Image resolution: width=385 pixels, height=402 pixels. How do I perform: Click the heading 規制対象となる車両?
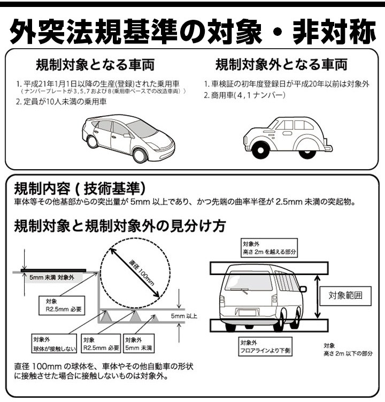point(95,65)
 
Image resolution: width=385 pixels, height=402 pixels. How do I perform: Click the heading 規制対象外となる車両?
point(281,64)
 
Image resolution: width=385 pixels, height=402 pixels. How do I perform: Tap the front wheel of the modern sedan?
point(140,155)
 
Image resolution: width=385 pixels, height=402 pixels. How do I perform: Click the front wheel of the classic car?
point(260,149)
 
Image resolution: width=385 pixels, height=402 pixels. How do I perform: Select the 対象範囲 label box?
point(345,295)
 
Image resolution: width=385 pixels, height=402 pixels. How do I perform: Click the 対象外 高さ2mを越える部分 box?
point(269,248)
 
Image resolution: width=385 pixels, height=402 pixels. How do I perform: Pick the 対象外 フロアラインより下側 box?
point(265,346)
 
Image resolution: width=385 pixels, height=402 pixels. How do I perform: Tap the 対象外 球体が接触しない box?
point(54,344)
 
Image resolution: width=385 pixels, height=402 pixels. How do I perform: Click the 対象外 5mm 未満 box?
point(138,344)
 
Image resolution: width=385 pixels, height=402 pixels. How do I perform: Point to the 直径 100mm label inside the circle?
point(142,273)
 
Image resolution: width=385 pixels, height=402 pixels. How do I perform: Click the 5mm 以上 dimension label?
point(184,316)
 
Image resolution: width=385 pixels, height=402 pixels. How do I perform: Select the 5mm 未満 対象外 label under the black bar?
point(52,277)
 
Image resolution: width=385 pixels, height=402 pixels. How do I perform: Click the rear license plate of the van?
point(247,313)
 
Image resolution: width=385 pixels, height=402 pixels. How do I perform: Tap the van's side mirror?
point(303,289)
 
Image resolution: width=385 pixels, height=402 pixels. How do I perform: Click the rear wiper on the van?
point(239,291)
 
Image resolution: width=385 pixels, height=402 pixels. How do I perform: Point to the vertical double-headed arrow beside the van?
point(318,297)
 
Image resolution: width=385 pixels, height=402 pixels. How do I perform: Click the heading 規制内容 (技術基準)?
point(80,188)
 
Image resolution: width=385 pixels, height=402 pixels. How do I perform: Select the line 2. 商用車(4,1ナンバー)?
point(244,95)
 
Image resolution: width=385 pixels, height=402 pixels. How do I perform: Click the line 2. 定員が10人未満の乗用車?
point(61,102)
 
